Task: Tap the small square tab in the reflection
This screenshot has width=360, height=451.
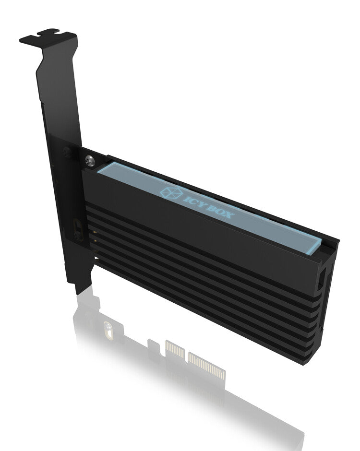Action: point(152,344)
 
